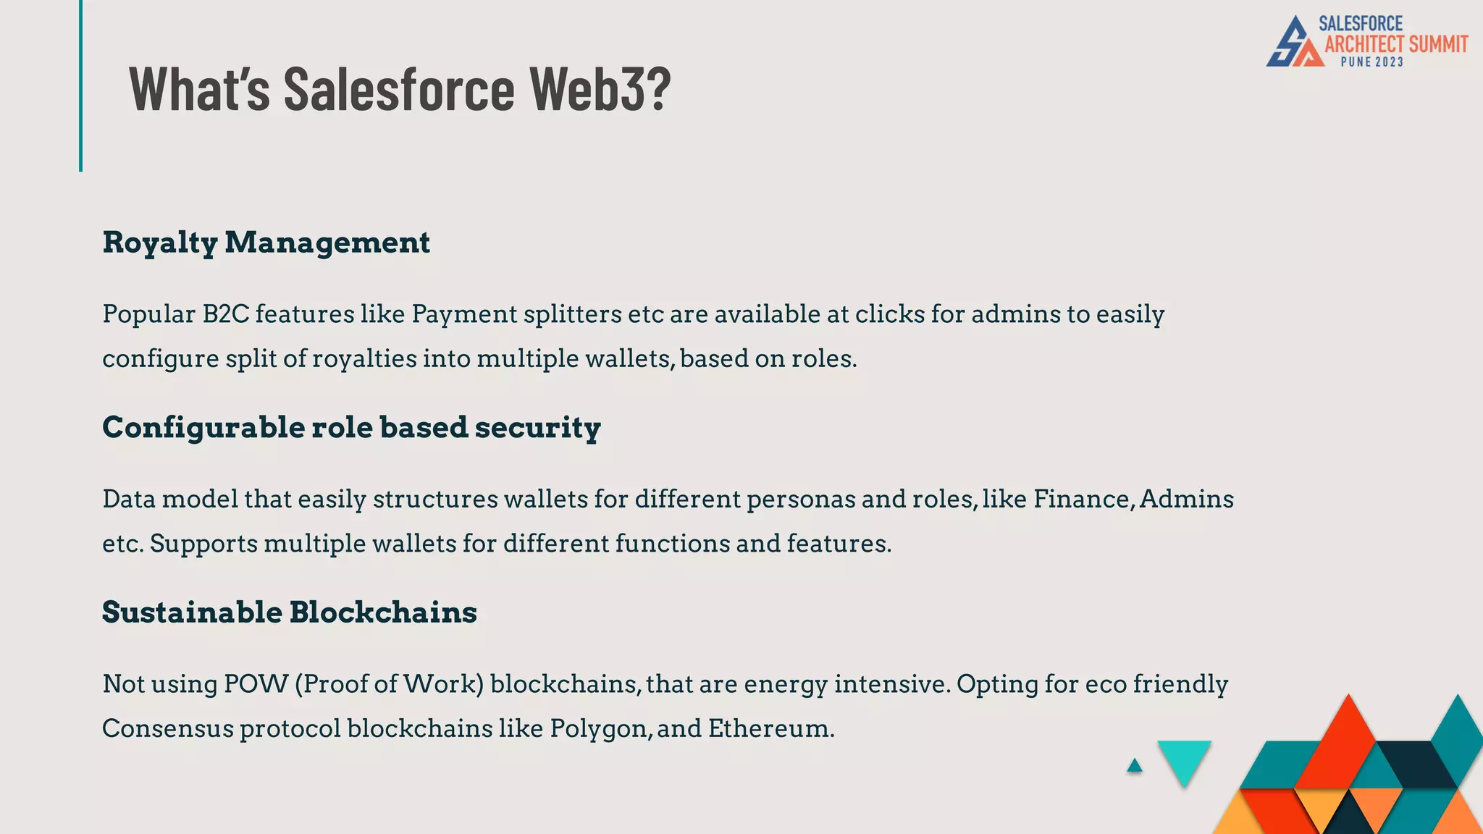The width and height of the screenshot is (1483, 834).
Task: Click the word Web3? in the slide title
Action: tap(600, 88)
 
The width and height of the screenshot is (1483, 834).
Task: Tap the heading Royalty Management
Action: tap(266, 243)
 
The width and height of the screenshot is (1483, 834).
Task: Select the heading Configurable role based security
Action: tap(351, 427)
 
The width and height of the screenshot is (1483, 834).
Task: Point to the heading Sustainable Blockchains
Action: tap(289, 612)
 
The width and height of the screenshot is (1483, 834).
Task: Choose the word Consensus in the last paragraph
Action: tap(167, 728)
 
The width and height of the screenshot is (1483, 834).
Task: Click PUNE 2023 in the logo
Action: tap(1371, 62)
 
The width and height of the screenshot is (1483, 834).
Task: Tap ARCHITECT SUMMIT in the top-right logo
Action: tap(1396, 44)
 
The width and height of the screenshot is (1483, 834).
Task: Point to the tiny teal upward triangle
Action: tap(1135, 765)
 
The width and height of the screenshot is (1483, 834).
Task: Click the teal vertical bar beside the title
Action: tap(80, 85)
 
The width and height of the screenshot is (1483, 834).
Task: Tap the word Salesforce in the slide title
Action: tap(399, 88)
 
